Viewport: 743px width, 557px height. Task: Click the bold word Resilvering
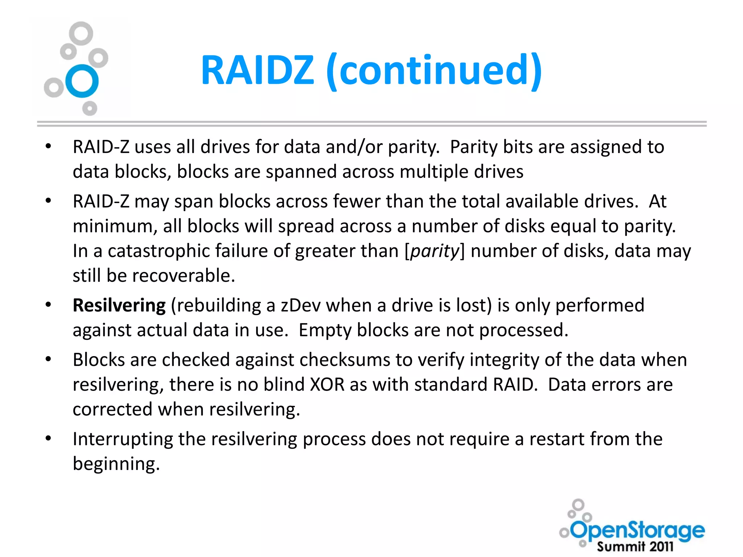coord(119,305)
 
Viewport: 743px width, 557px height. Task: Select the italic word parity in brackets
coord(435,251)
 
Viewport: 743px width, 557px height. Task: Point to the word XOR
coord(327,384)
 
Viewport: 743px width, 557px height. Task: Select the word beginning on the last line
coord(116,464)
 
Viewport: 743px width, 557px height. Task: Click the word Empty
coord(325,330)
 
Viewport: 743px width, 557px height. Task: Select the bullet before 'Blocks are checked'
coord(48,359)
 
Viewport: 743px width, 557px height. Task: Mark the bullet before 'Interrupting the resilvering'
coord(48,438)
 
